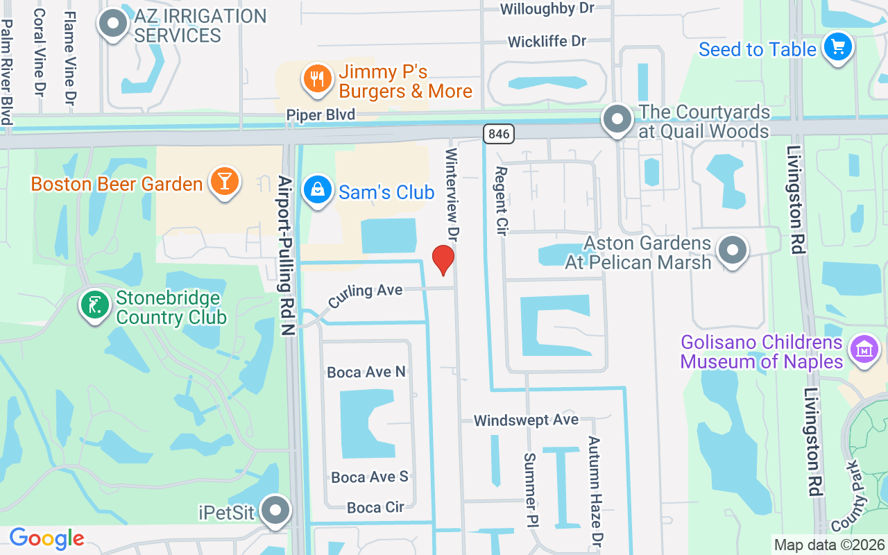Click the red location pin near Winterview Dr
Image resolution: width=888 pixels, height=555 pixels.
click(x=443, y=259)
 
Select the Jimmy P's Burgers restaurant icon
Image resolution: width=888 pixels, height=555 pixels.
click(x=317, y=78)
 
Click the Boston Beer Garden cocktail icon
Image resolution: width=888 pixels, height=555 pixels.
click(x=224, y=181)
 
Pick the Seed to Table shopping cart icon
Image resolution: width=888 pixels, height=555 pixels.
click(x=837, y=47)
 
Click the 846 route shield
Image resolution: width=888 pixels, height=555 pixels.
click(x=499, y=133)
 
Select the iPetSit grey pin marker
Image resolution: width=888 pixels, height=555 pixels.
click(x=276, y=511)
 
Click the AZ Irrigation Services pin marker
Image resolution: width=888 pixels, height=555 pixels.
click(x=113, y=24)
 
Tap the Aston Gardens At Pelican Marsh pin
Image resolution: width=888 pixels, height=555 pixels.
click(x=733, y=250)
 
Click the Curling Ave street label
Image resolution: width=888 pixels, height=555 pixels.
click(x=366, y=294)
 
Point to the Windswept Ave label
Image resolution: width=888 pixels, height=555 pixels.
click(x=526, y=420)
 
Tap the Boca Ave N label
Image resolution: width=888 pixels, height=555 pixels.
click(x=366, y=373)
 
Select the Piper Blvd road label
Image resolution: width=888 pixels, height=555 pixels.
click(x=321, y=115)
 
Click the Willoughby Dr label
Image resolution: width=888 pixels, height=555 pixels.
click(x=547, y=9)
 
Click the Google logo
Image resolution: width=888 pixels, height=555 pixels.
click(x=46, y=538)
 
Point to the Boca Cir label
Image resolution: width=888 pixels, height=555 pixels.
click(x=375, y=508)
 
